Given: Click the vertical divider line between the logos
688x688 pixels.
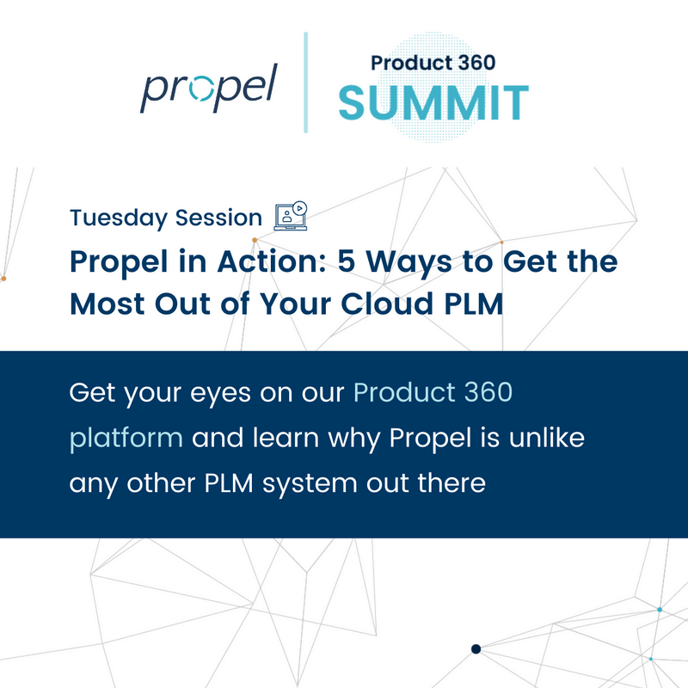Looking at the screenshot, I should click(x=305, y=83).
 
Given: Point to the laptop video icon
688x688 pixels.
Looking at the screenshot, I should click(x=290, y=216).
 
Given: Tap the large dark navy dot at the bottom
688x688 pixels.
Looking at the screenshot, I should click(x=476, y=648).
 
